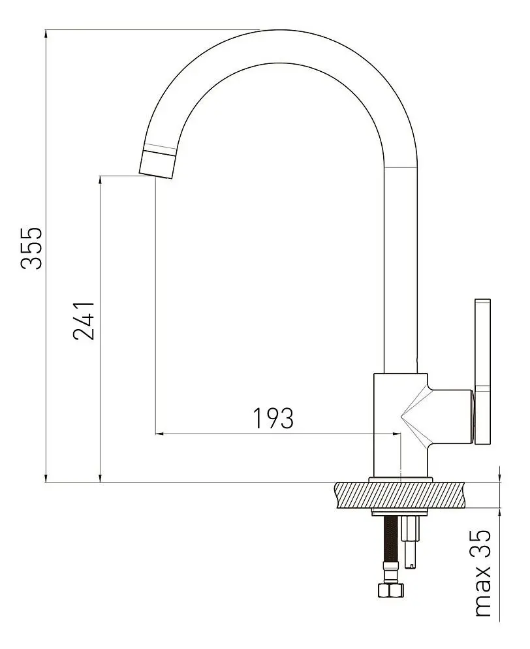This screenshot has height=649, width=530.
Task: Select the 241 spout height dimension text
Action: click(85, 321)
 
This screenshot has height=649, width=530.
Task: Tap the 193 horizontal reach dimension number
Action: click(273, 419)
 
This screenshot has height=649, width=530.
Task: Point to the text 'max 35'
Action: click(482, 573)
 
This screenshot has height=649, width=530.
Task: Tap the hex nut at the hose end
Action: click(391, 590)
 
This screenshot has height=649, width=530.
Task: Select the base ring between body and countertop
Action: click(399, 480)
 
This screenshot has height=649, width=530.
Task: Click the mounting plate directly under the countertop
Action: click(399, 511)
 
